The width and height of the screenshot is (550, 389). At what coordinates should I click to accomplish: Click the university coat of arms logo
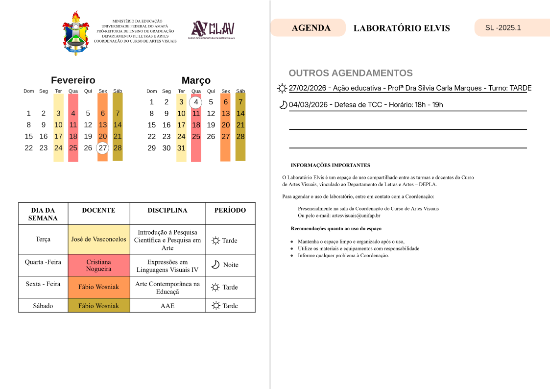click(75, 33)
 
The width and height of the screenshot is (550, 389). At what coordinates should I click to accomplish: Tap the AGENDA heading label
click(311, 28)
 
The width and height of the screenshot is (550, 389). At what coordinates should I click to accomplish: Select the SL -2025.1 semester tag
click(503, 27)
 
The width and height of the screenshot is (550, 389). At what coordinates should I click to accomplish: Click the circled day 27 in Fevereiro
click(102, 148)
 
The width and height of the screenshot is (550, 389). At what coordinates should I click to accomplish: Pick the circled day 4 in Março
click(196, 102)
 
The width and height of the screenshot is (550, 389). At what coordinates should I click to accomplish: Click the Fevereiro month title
click(73, 80)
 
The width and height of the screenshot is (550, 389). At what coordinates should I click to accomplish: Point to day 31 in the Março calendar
click(181, 148)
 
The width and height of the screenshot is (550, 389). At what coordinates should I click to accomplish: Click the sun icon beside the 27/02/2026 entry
click(282, 89)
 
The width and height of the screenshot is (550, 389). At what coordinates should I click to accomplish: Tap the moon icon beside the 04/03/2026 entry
click(283, 105)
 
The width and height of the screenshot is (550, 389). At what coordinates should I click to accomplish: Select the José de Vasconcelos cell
click(98, 240)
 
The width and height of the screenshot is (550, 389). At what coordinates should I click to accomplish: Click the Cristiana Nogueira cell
click(98, 265)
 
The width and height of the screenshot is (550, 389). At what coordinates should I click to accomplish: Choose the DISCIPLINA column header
click(167, 210)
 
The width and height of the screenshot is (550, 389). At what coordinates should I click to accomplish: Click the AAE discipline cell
click(167, 306)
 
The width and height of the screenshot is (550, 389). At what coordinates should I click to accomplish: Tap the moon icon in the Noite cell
click(215, 265)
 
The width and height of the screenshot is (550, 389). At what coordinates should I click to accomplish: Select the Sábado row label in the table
click(43, 306)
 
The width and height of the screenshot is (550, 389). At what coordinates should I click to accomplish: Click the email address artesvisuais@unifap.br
click(356, 216)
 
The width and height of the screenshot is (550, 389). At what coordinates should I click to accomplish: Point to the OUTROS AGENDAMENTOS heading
click(351, 73)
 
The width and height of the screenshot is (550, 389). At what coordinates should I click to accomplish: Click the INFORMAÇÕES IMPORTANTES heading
click(331, 166)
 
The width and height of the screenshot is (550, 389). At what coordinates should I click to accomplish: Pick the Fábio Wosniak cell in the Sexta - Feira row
click(98, 287)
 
